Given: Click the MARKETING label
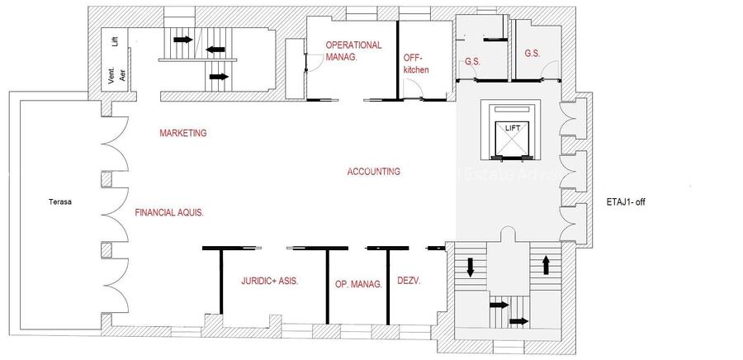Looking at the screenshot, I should pyautogui.click(x=182, y=133).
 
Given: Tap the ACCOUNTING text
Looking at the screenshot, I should pyautogui.click(x=373, y=172).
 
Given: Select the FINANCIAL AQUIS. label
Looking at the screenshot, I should pyautogui.click(x=168, y=212).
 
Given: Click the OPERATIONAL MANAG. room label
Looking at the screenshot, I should pyautogui.click(x=353, y=51).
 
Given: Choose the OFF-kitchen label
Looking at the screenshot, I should pyautogui.click(x=416, y=64).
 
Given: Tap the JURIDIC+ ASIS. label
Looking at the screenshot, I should pyautogui.click(x=269, y=281).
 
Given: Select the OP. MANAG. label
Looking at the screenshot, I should pyautogui.click(x=357, y=284).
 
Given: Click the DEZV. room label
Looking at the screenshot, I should pyautogui.click(x=409, y=281).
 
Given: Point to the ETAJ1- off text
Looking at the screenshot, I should pyautogui.click(x=632, y=201).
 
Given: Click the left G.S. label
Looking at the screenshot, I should pyautogui.click(x=473, y=62).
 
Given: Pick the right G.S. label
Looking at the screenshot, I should pyautogui.click(x=532, y=54).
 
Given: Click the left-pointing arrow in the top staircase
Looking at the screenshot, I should pyautogui.click(x=216, y=50).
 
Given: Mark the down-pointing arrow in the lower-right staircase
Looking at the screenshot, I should pyautogui.click(x=471, y=267).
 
